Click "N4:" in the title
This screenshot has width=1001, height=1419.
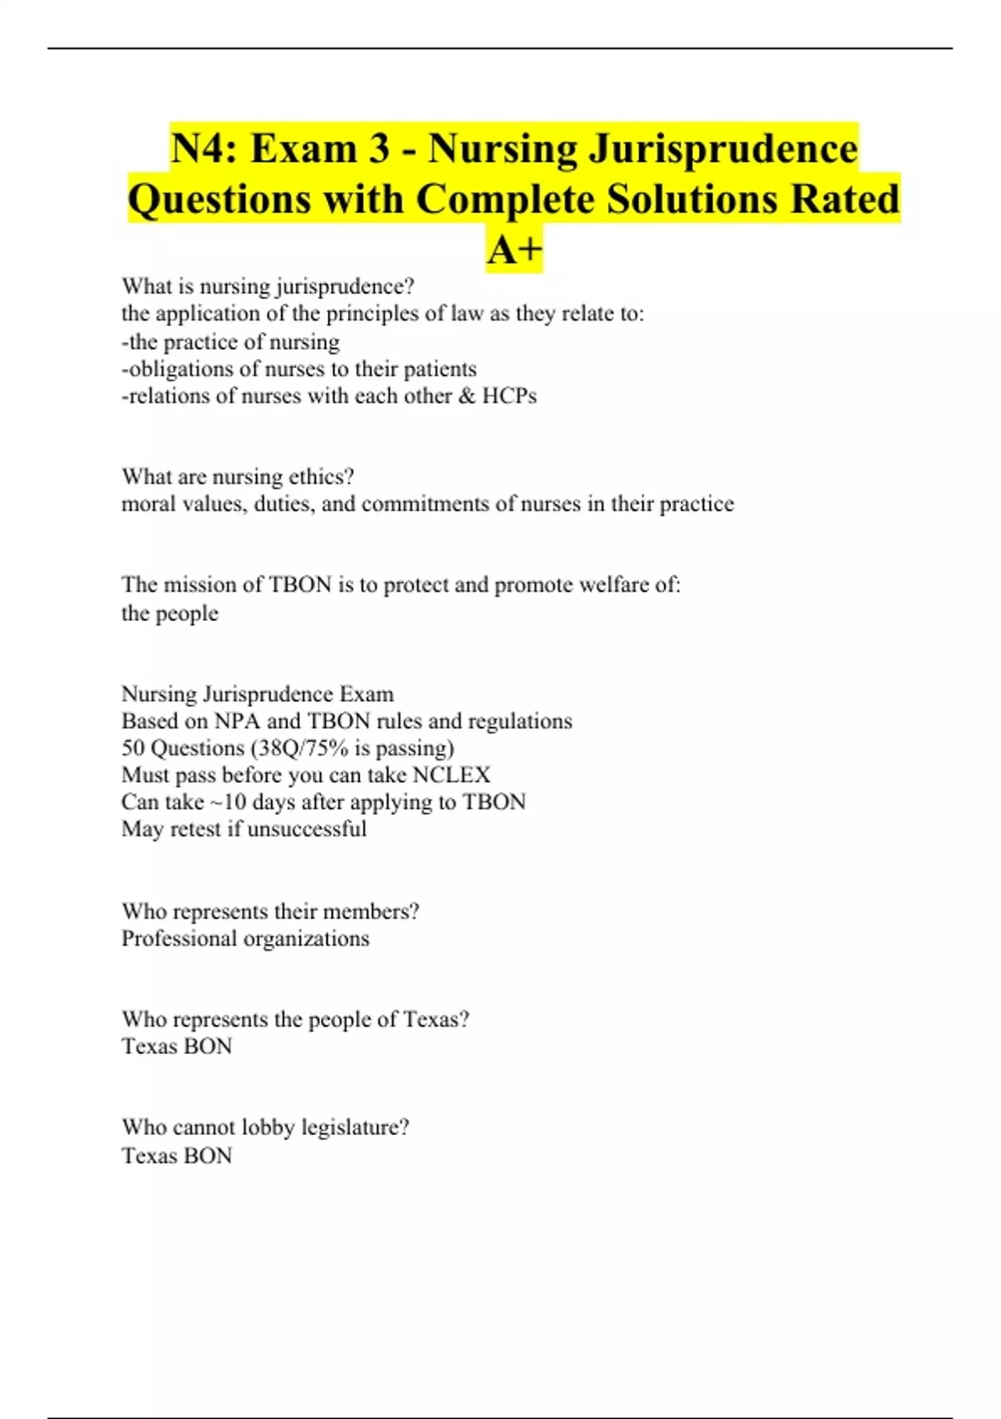pyautogui.click(x=204, y=149)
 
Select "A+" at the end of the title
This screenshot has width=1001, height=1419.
pyautogui.click(x=515, y=250)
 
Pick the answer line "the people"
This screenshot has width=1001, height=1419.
pyautogui.click(x=170, y=614)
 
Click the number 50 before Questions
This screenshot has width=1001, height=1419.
pyautogui.click(x=133, y=748)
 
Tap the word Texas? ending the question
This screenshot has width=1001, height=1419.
pyautogui.click(x=435, y=1019)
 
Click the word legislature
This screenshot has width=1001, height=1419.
pyautogui.click(x=355, y=1128)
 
